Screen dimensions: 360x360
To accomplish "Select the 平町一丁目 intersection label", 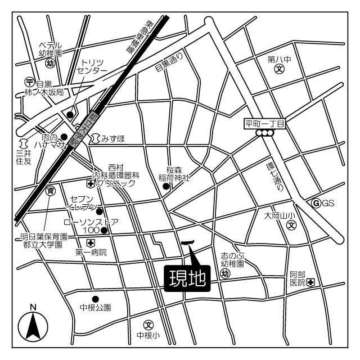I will [265, 123].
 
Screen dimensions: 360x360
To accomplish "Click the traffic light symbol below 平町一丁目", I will [264, 133].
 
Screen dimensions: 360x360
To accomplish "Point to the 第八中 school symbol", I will [279, 70].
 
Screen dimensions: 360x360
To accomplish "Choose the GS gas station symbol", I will [316, 202].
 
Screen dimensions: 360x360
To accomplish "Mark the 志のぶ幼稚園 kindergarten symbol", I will [226, 273].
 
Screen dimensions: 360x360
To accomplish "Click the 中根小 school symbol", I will [148, 325].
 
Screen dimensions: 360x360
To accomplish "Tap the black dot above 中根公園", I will [96, 299].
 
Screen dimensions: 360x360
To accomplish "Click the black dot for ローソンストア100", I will [103, 230].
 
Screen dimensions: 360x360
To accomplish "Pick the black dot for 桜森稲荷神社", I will [165, 186].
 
